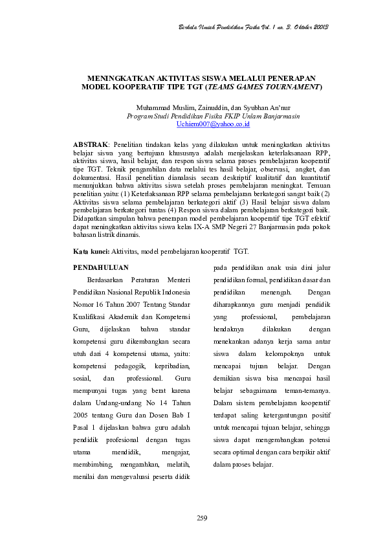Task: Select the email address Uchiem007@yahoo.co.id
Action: coord(195,123)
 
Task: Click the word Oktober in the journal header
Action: coord(295,27)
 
